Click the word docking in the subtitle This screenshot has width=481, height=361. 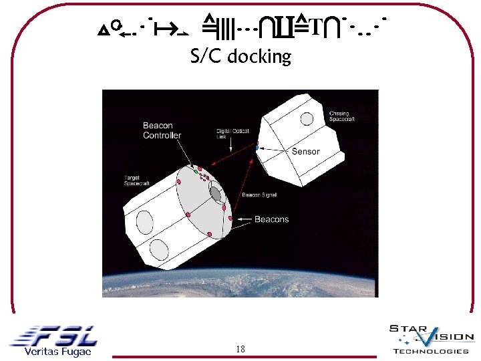(x=259, y=57)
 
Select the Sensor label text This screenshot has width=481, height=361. (x=305, y=152)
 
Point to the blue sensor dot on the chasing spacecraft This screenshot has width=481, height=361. (x=257, y=147)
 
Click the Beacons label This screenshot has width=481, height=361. (x=272, y=219)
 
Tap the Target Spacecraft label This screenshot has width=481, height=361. (x=137, y=180)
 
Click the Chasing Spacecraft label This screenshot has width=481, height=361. (x=342, y=116)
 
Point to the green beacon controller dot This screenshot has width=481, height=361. (x=196, y=172)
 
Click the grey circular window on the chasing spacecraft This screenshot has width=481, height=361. (x=307, y=119)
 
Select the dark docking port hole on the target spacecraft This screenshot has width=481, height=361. (x=216, y=193)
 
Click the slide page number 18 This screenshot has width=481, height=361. (x=240, y=349)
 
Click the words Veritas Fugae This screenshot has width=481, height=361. (x=57, y=352)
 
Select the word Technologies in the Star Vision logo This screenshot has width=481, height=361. (x=431, y=352)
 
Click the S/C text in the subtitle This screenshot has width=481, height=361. (x=206, y=56)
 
